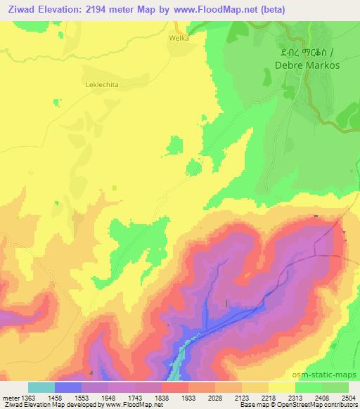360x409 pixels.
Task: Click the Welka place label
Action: coord(179,38)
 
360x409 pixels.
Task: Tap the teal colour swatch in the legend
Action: coord(41,387)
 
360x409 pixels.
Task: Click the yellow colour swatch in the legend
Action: coord(282,387)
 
